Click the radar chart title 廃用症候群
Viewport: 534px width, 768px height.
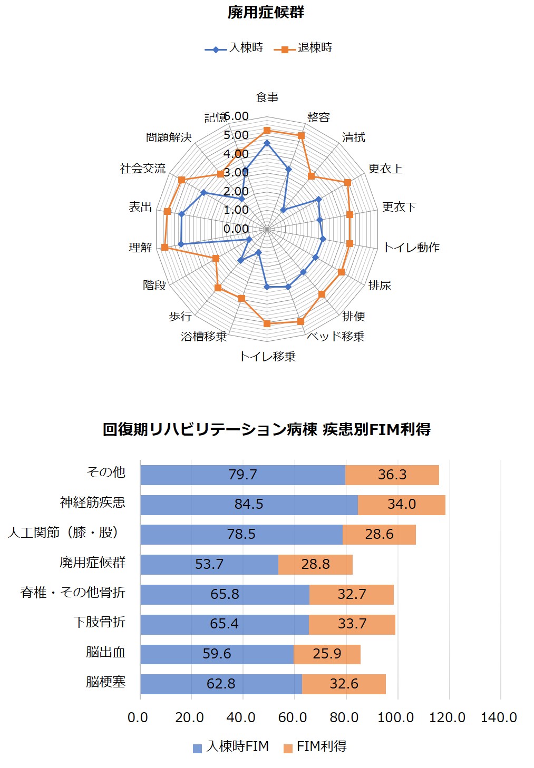coord(266,13)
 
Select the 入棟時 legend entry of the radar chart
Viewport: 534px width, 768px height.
coord(235,48)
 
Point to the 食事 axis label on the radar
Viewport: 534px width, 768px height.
coord(267,97)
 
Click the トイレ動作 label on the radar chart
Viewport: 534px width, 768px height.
coord(411,248)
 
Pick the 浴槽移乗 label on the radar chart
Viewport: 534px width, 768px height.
coord(203,337)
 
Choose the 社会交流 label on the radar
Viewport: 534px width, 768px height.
coord(142,169)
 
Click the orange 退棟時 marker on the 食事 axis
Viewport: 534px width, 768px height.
coord(267,130)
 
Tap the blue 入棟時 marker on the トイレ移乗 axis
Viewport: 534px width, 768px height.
coord(267,287)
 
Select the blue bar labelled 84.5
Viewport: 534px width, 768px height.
coord(249,505)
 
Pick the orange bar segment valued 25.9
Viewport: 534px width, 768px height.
coord(327,654)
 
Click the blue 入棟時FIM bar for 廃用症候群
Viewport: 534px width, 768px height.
coord(209,564)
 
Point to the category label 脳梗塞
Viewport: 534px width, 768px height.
coord(105,683)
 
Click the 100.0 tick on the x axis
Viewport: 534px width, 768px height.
coord(395,717)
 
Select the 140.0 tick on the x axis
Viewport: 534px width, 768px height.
coord(499,717)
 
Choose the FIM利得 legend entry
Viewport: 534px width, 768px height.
coord(315,747)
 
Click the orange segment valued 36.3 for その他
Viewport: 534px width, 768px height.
coord(392,475)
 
